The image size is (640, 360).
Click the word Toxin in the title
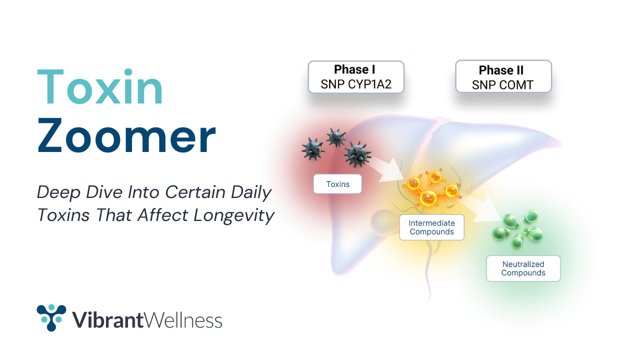100,87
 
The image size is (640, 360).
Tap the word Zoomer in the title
126,135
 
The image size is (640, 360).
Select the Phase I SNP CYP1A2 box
356,77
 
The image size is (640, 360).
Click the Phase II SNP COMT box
503,76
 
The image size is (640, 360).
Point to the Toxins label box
337,184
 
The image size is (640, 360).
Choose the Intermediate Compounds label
431,227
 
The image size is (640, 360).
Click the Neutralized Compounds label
523,268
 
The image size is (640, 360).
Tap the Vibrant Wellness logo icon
51,317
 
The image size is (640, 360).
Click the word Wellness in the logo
182,320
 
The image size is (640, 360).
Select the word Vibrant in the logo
107,320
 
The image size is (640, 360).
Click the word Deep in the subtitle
58,192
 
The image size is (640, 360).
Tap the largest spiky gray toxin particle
357,154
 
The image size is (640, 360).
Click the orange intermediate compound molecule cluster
431,187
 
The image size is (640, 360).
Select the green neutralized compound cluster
517,229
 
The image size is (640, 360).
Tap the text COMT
516,85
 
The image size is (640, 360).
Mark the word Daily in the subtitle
251,193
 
